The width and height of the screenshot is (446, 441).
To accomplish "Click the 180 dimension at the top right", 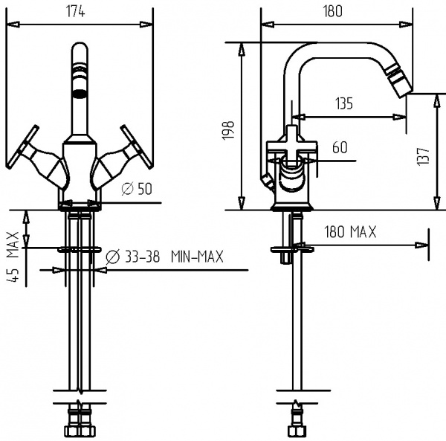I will click(x=332, y=10).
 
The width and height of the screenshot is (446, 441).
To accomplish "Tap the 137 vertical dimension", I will click(x=424, y=155).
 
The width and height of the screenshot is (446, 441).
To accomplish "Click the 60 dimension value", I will click(x=339, y=147).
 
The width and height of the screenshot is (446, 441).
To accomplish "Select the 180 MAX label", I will click(x=349, y=232).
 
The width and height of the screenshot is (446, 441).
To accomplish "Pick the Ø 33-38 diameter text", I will click(x=133, y=257).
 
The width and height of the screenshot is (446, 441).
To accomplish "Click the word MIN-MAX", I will click(x=196, y=257).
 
